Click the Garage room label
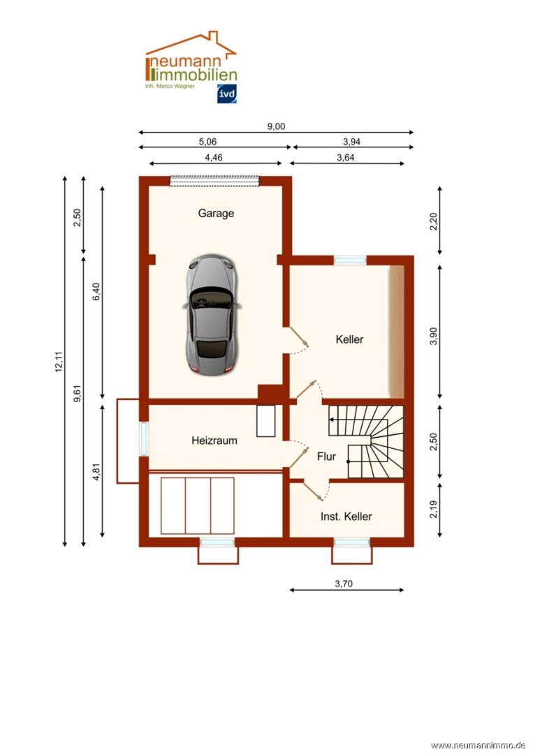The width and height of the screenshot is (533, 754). (x=216, y=213)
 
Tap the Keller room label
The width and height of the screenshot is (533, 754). (x=350, y=339)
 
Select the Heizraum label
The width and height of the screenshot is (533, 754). (x=214, y=440)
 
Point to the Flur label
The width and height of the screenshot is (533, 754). (x=327, y=456)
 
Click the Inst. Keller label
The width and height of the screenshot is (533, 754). (x=346, y=517)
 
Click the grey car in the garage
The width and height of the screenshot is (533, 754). (x=212, y=315)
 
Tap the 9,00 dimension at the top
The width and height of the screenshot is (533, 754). (x=276, y=126)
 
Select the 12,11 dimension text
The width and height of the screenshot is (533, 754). (x=59, y=362)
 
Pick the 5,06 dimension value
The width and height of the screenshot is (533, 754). (x=207, y=142)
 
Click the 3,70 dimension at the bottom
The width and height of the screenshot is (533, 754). (x=344, y=584)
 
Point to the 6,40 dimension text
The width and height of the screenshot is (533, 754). (x=96, y=292)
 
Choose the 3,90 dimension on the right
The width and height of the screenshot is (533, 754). (x=433, y=336)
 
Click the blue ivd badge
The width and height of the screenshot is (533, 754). (x=226, y=94)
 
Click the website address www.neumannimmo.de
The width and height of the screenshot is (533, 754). (x=478, y=746)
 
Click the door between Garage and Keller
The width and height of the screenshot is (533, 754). (x=296, y=341)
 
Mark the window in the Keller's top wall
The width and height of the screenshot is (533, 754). (x=350, y=260)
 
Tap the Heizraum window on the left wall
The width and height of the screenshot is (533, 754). (x=144, y=438)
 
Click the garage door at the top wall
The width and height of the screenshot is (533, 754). (x=215, y=181)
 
